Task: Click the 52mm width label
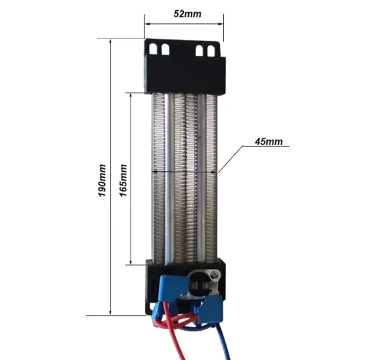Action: (x=187, y=14)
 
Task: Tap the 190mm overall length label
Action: (x=102, y=180)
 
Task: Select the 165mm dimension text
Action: (x=123, y=180)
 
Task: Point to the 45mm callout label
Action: (x=269, y=142)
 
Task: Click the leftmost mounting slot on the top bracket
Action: (x=153, y=49)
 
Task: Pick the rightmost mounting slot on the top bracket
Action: (x=211, y=51)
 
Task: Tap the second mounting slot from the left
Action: (x=165, y=49)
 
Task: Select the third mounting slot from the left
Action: (x=199, y=50)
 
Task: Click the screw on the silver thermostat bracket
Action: (x=214, y=274)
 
